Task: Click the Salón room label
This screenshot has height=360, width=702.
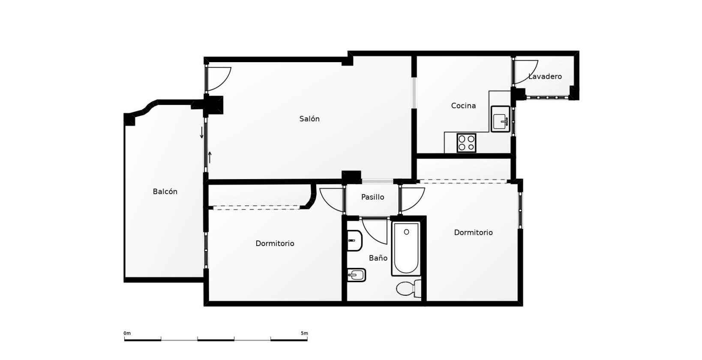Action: pyautogui.click(x=309, y=119)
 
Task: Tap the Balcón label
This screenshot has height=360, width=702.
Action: pyautogui.click(x=165, y=192)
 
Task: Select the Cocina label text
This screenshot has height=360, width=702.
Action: pyautogui.click(x=463, y=105)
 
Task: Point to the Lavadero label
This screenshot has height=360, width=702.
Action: pyautogui.click(x=545, y=76)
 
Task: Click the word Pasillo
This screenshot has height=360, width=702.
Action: pyautogui.click(x=372, y=197)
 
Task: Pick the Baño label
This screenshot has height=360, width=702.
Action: pyautogui.click(x=378, y=258)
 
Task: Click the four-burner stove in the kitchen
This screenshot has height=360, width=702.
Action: pyautogui.click(x=466, y=143)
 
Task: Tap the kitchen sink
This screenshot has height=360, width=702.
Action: pyautogui.click(x=501, y=119)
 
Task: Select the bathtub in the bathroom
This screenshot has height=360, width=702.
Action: pyautogui.click(x=406, y=249)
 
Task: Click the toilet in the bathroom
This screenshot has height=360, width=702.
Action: pyautogui.click(x=409, y=288)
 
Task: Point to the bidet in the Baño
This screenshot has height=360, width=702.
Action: pyautogui.click(x=356, y=275)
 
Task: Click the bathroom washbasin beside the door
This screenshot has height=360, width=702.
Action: pyautogui.click(x=354, y=240)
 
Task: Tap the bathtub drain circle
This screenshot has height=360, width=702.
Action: pyautogui.click(x=406, y=232)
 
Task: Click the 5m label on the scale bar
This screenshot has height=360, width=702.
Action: pyautogui.click(x=304, y=333)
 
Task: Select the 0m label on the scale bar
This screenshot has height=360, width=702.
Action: pyautogui.click(x=127, y=333)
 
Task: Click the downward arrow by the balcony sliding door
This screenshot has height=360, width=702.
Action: pyautogui.click(x=202, y=132)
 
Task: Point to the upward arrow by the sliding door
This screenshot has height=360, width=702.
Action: pyautogui.click(x=210, y=158)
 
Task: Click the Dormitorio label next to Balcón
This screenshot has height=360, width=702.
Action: pyautogui.click(x=275, y=243)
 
